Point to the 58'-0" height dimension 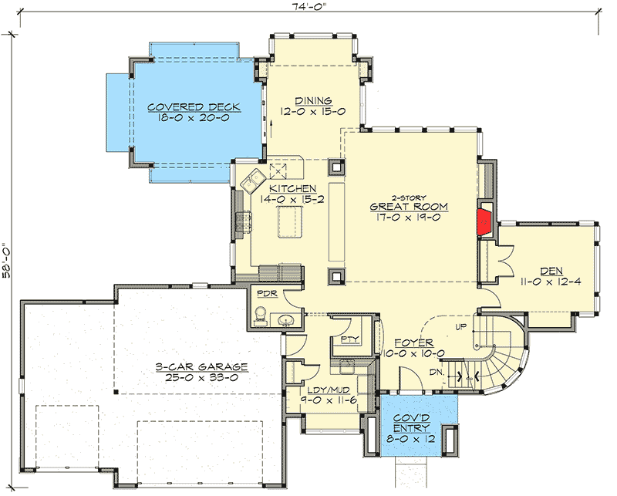click(8, 262)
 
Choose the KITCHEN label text click(292, 188)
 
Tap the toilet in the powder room click(261, 315)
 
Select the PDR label click(267, 294)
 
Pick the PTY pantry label click(347, 339)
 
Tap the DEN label click(551, 271)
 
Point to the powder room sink click(287, 320)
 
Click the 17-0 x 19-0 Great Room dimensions click(408, 218)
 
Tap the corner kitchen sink click(251, 183)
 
